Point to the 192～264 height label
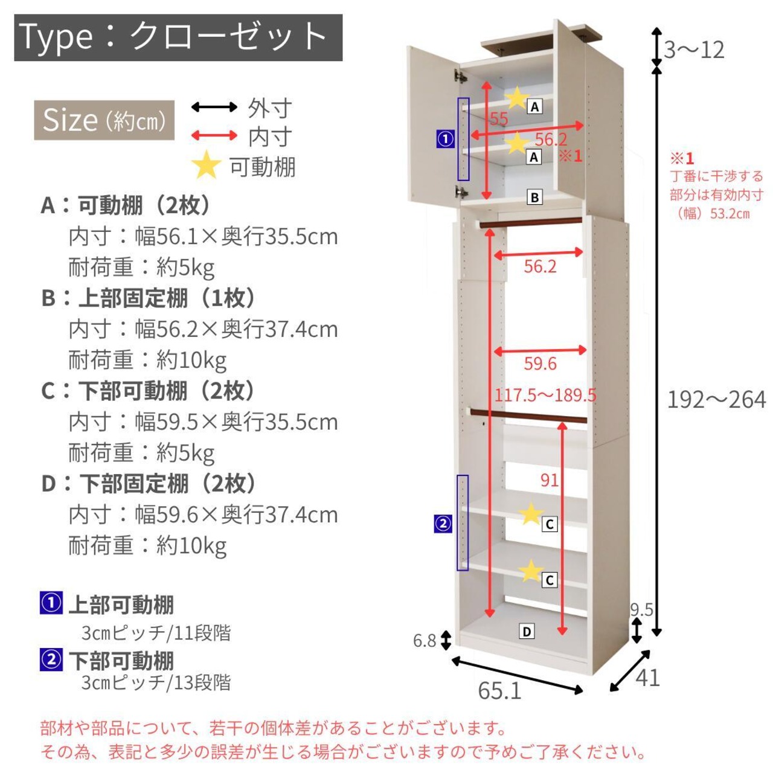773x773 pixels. pos(716,400)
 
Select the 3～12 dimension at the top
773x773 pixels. pos(694,50)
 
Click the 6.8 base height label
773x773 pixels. pos(425,640)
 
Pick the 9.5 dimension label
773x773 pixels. pos(641,610)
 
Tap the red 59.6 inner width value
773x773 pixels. pos(540,364)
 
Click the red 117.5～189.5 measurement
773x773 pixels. pos(545,395)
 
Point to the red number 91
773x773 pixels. pos(549,480)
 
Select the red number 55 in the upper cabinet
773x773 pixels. pos(499,119)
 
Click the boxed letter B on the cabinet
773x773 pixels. pos(534,197)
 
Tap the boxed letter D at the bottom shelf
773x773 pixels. pos(527,632)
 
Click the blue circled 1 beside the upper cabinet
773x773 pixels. pos(445,139)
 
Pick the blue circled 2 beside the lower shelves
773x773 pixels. pos(443,524)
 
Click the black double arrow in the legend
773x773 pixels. pos(214,107)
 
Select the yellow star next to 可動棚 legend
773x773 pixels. pos(207,165)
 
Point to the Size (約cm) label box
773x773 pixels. pos(104,120)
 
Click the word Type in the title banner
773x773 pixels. pos(56,37)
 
